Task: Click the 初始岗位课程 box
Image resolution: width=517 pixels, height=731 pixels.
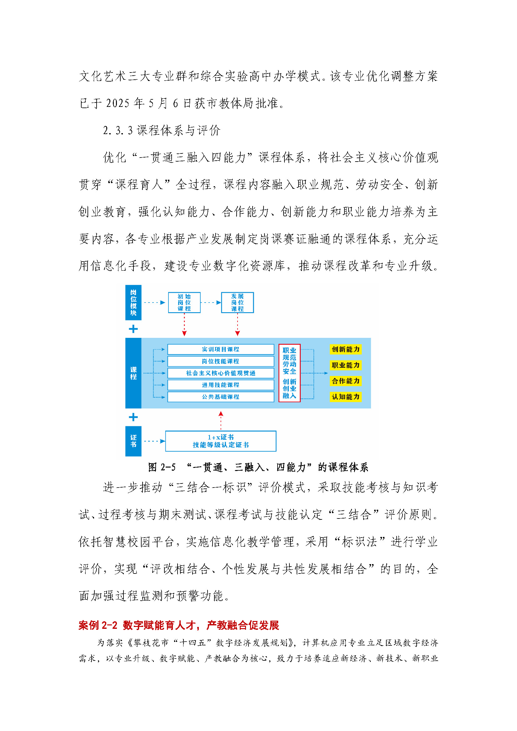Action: coord(184,303)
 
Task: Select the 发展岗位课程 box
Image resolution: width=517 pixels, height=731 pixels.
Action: coord(237,303)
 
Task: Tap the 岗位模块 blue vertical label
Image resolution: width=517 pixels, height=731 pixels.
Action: coord(133,303)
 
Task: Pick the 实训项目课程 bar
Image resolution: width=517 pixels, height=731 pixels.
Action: coord(220,349)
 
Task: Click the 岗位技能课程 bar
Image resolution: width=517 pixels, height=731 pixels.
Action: coord(220,361)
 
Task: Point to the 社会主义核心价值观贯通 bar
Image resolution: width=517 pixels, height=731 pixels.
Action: coord(220,373)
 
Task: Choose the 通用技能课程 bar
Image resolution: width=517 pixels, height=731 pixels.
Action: coord(220,385)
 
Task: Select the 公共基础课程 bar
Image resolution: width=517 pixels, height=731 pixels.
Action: coord(220,397)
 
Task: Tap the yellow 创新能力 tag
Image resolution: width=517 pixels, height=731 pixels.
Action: coord(345,349)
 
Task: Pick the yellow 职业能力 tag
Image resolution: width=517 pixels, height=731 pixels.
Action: coord(345,365)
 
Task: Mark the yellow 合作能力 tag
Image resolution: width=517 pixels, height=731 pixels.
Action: coord(345,381)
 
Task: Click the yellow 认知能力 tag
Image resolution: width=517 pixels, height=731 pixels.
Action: coord(345,397)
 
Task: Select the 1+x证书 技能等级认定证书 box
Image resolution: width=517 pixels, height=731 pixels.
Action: coord(220,441)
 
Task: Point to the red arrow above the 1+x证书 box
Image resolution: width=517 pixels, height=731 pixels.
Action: coord(221,420)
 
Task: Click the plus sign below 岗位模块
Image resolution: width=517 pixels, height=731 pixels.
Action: coord(133,329)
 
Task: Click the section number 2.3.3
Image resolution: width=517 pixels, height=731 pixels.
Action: coord(118,131)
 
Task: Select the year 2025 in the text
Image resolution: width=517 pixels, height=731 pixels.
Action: coord(118,103)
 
